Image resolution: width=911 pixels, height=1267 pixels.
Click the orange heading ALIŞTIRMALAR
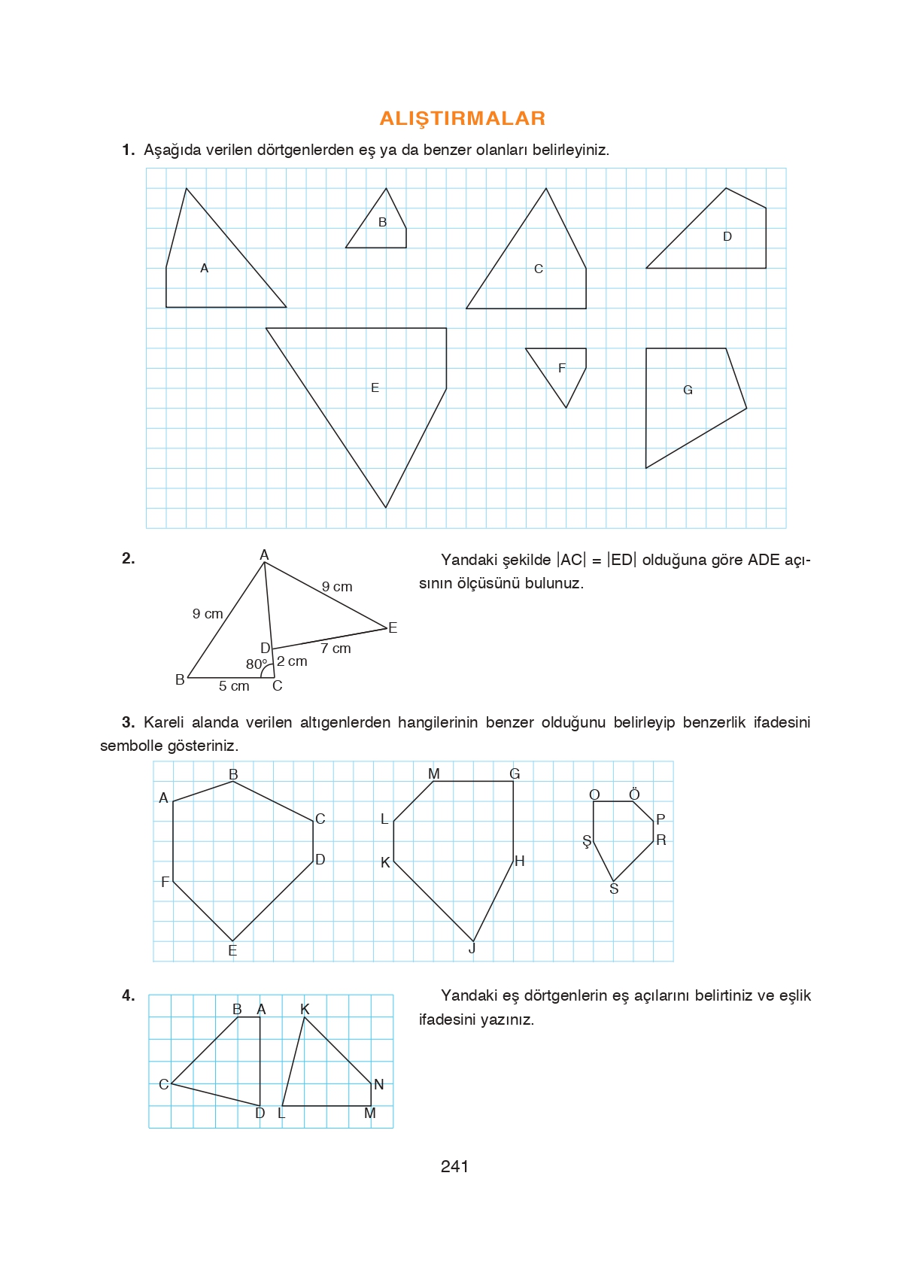462,118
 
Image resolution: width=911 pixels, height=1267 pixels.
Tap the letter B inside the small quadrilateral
382,222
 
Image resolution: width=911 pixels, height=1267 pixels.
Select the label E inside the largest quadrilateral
375,387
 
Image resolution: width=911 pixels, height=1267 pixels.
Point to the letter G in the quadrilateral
688,390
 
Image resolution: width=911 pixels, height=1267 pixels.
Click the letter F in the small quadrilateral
561,368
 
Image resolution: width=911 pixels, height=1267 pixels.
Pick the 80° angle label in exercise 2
256,664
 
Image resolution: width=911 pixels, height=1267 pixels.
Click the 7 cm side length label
336,648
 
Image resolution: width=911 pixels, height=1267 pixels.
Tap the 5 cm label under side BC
234,685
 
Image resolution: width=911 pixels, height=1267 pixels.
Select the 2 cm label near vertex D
292,661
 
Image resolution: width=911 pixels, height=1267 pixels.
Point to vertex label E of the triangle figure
393,627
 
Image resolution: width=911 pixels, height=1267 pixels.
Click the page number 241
454,1166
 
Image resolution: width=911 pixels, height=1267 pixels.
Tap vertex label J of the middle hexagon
472,948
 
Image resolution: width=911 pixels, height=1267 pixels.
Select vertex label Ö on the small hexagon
634,795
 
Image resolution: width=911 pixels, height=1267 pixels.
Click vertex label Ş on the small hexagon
587,841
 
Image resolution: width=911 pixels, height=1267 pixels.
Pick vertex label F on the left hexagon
165,882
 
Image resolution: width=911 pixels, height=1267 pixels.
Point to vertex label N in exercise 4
378,1084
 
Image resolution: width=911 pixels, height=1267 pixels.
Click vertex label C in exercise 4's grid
163,1084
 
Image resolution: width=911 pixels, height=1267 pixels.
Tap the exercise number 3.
128,722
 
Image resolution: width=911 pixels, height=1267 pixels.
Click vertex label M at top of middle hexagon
433,773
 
